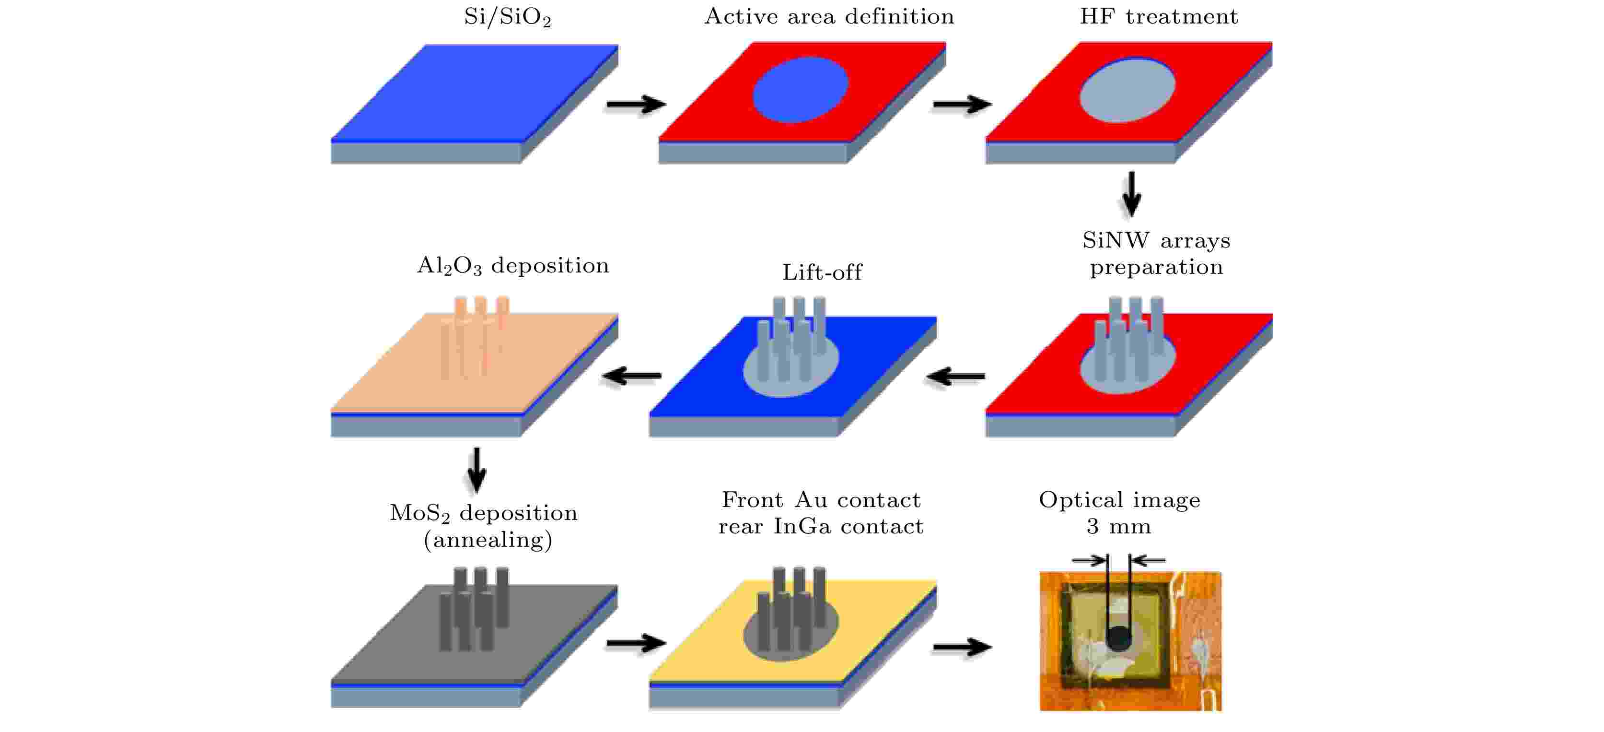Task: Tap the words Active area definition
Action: (829, 17)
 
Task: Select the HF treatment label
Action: (1158, 17)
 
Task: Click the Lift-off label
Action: (822, 273)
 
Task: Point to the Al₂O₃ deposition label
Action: (512, 267)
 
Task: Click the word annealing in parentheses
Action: (488, 540)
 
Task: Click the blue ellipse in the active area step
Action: (800, 90)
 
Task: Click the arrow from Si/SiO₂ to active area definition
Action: (635, 104)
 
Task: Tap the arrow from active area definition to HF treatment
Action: (962, 104)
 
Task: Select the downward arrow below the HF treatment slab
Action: (1131, 194)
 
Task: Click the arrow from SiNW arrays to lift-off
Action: (956, 376)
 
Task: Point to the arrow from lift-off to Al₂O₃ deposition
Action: (631, 376)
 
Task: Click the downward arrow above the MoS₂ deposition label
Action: (477, 470)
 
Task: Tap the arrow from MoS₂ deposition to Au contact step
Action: (635, 643)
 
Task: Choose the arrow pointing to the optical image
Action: (962, 648)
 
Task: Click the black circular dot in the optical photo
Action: (1119, 638)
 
